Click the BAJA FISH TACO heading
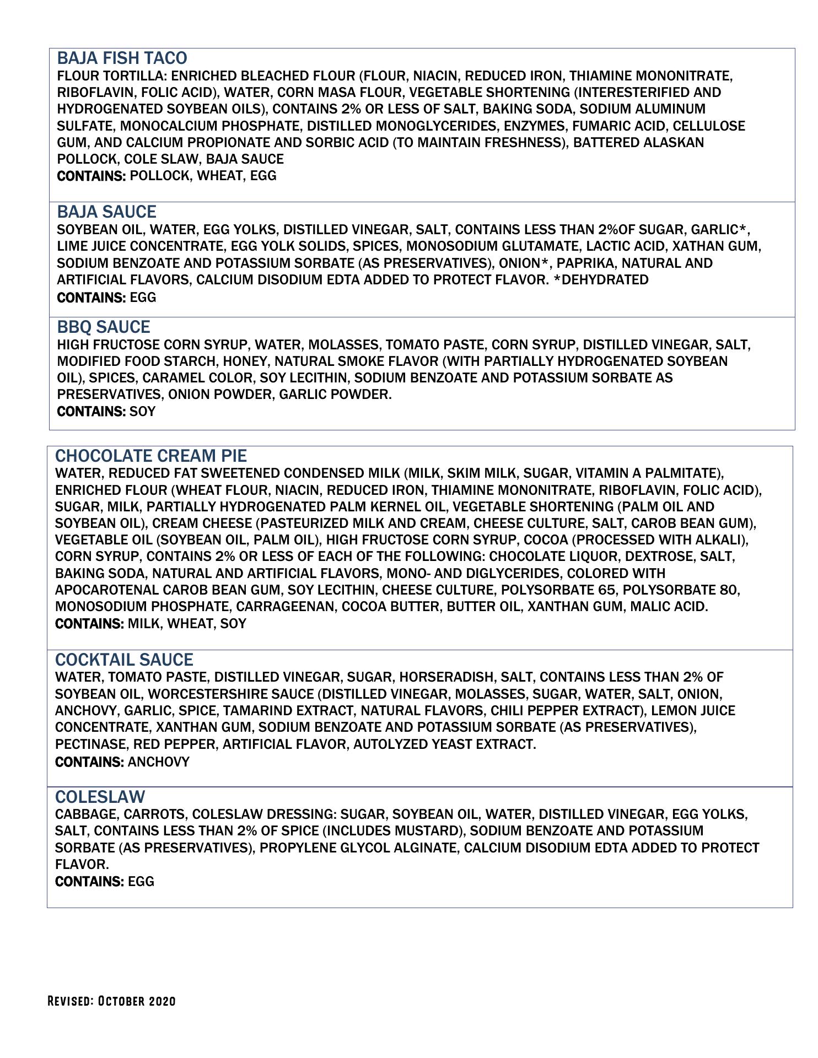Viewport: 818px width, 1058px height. (122, 58)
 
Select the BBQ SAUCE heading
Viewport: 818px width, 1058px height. (104, 327)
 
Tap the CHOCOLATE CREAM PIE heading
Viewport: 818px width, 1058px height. (151, 456)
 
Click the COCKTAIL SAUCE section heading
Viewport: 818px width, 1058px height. (124, 660)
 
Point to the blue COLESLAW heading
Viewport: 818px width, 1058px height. (100, 797)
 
